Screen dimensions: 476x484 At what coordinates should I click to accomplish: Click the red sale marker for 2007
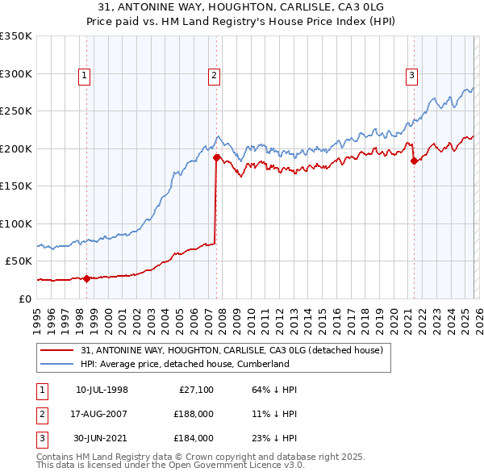point(216,158)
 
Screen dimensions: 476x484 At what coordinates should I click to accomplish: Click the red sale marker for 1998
point(87,278)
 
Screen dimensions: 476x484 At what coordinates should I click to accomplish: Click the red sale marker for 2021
point(414,161)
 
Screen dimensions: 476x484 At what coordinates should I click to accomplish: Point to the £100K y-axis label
point(16,223)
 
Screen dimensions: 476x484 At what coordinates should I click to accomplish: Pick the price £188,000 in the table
point(194,414)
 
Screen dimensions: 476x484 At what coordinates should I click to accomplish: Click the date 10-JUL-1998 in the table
point(102,390)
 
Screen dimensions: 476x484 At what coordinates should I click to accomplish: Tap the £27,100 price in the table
point(196,390)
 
